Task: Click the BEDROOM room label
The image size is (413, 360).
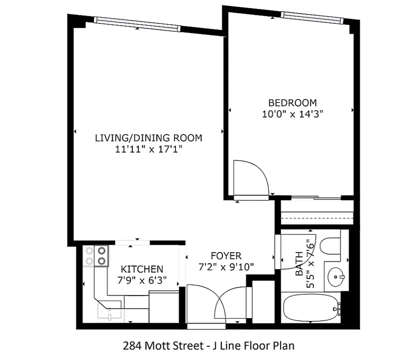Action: click(x=292, y=103)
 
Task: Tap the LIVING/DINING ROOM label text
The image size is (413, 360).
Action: click(x=148, y=138)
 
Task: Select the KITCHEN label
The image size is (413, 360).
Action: click(x=142, y=269)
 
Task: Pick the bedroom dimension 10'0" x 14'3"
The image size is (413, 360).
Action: click(x=292, y=114)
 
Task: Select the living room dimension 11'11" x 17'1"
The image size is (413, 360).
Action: click(x=148, y=149)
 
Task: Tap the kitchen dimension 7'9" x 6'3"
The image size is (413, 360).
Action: click(x=142, y=280)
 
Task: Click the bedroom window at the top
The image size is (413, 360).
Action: click(x=312, y=18)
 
